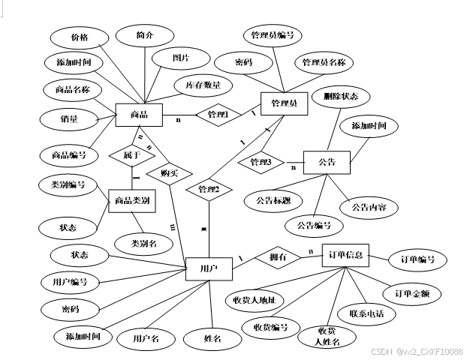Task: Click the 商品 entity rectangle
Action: tap(139, 115)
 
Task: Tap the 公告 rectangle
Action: tap(327, 162)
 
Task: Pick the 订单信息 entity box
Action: tap(345, 256)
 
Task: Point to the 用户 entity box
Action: tap(209, 268)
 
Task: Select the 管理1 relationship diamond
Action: tap(218, 115)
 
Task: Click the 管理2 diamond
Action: tap(208, 190)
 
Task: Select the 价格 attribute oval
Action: tap(79, 37)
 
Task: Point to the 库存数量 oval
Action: tap(203, 86)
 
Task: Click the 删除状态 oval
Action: tap(341, 97)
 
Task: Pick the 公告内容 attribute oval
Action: tap(369, 207)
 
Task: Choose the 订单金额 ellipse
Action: tap(411, 292)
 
